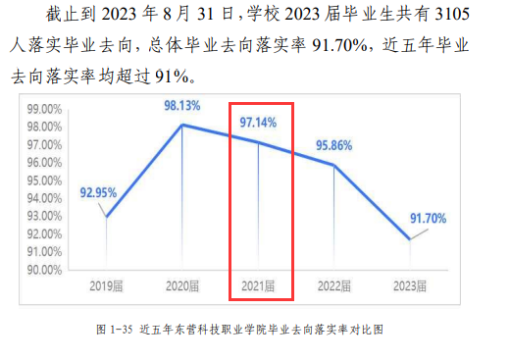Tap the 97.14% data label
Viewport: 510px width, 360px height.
(259, 124)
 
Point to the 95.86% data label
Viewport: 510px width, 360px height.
(334, 145)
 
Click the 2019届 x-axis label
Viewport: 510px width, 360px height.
(107, 286)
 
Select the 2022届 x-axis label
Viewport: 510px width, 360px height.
(334, 286)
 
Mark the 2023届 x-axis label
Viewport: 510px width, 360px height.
(410, 286)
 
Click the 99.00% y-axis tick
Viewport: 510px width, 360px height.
(45, 110)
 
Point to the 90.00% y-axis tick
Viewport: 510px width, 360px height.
(45, 270)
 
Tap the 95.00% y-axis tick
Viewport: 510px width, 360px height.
(45, 180)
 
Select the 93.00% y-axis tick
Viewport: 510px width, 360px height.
(45, 216)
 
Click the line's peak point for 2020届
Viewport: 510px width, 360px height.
(182, 125)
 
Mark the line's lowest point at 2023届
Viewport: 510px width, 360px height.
(410, 239)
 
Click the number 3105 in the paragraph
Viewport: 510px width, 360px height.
(475, 17)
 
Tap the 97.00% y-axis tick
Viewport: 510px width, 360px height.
(45, 145)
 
